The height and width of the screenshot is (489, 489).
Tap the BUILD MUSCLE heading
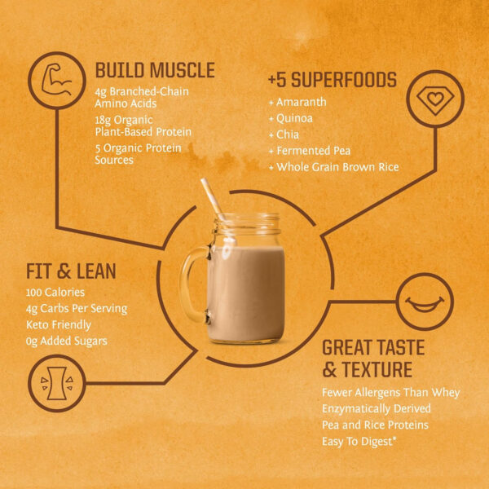point(155,70)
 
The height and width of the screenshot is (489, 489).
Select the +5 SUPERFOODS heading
point(332,80)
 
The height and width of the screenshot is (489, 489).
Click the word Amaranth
point(302,103)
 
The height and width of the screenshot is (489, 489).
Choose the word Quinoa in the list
point(297,119)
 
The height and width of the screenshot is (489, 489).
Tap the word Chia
point(289,135)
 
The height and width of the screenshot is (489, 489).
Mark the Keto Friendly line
point(59,324)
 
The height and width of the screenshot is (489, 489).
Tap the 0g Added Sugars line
point(67,341)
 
